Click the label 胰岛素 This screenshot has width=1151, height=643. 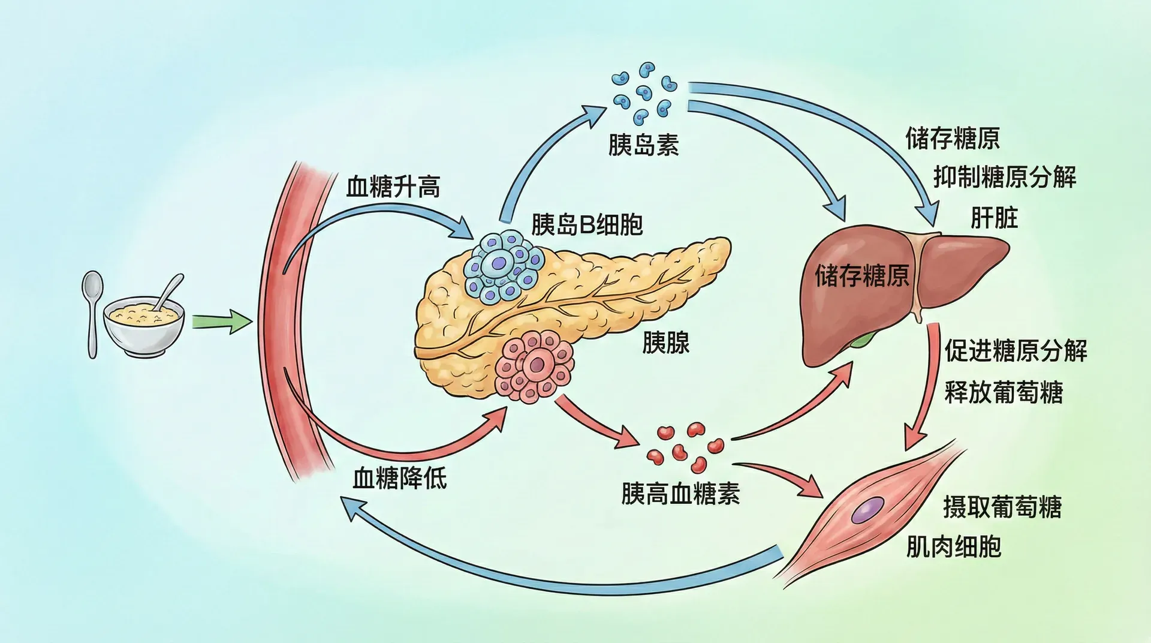coord(643,145)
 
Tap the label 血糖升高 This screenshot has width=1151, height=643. coord(393,187)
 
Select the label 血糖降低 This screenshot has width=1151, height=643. coord(399,478)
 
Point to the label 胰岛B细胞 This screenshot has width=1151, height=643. coord(586,224)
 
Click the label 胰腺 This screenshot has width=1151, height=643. coord(665,343)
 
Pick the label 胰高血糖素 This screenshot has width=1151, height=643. coord(680,494)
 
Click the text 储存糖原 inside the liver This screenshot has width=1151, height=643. coord(861,276)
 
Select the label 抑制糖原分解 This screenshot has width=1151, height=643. coord(1005,177)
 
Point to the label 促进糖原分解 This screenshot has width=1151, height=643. coord(1016,351)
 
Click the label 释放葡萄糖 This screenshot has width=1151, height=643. coord(1004,393)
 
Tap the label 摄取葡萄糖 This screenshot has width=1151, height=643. coord(1002,507)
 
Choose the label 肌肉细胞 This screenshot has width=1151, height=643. coord(953,546)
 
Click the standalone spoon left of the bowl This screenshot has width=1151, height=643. coord(92,312)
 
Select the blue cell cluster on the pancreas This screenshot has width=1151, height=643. coord(502,264)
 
